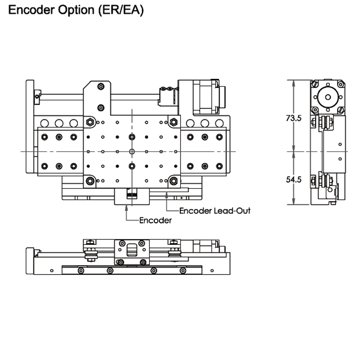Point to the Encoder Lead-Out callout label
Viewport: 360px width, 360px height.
click(x=215, y=210)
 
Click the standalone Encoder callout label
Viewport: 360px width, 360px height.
click(x=155, y=220)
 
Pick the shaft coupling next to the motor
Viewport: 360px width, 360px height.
click(x=167, y=95)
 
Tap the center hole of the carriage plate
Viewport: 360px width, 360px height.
click(x=131, y=152)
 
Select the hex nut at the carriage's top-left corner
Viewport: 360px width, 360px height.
click(x=90, y=122)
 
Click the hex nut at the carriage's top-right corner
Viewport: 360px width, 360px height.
click(x=173, y=122)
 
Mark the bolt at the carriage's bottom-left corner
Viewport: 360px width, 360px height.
click(x=90, y=181)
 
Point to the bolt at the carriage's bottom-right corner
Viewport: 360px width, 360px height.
click(x=173, y=181)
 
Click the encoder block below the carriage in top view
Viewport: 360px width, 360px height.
click(x=131, y=196)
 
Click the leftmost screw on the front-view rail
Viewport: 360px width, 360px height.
click(x=81, y=270)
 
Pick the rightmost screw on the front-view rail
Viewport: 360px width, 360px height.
click(x=182, y=270)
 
